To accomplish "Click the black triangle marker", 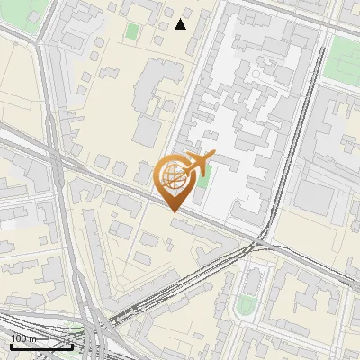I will [x=181, y=24].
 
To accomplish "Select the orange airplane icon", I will [x=199, y=163].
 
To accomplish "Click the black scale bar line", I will [x=41, y=346].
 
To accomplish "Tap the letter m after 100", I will [x=32, y=339].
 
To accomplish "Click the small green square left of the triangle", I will [x=132, y=31].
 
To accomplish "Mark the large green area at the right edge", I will [x=343, y=59].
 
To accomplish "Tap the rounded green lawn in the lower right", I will [x=245, y=306].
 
